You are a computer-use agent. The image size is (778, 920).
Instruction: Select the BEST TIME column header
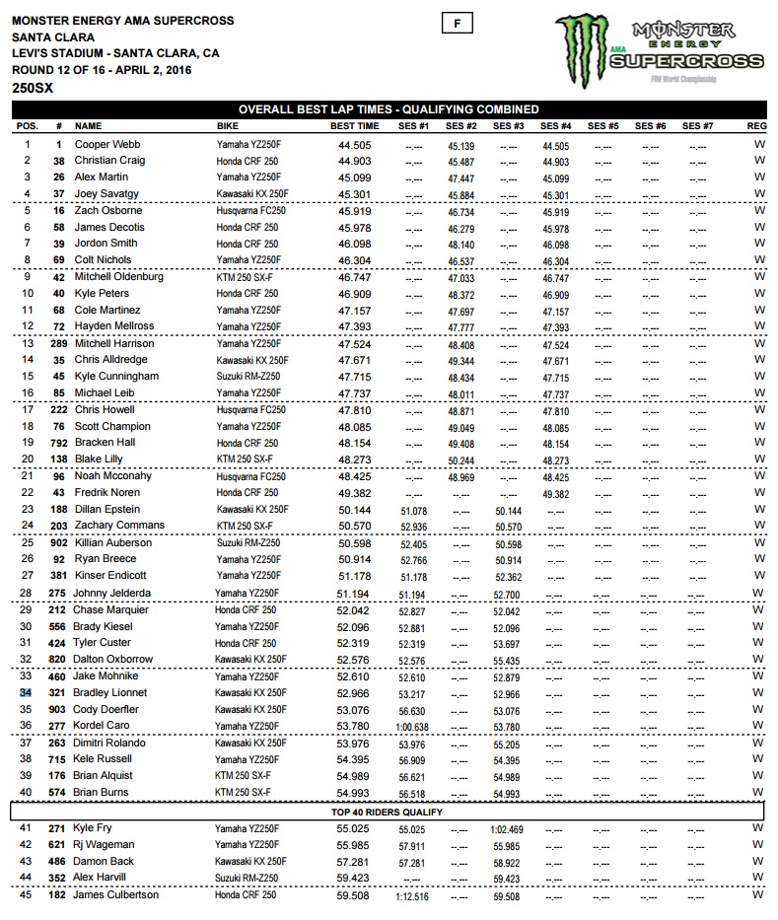coord(354,126)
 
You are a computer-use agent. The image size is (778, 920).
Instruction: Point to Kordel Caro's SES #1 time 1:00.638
coord(414,727)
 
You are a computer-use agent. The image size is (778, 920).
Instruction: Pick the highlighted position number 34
coord(28,693)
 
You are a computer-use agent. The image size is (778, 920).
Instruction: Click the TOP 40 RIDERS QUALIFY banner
coord(388,812)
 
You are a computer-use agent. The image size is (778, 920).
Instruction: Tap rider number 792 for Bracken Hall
coord(58,444)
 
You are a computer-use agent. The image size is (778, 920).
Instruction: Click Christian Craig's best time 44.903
coord(354,161)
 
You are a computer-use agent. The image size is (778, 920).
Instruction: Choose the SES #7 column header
coord(697,126)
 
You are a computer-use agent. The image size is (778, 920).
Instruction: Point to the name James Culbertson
coord(116,895)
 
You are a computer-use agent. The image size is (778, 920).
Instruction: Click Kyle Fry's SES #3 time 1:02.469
coord(508,829)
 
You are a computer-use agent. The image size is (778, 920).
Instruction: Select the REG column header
coord(757,126)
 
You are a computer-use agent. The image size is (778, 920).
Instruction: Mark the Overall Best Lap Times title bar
coord(388,109)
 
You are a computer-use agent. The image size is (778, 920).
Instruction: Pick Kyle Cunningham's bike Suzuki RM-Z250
coord(249,377)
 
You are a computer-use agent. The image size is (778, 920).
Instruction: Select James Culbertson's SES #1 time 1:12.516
coord(414,896)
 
